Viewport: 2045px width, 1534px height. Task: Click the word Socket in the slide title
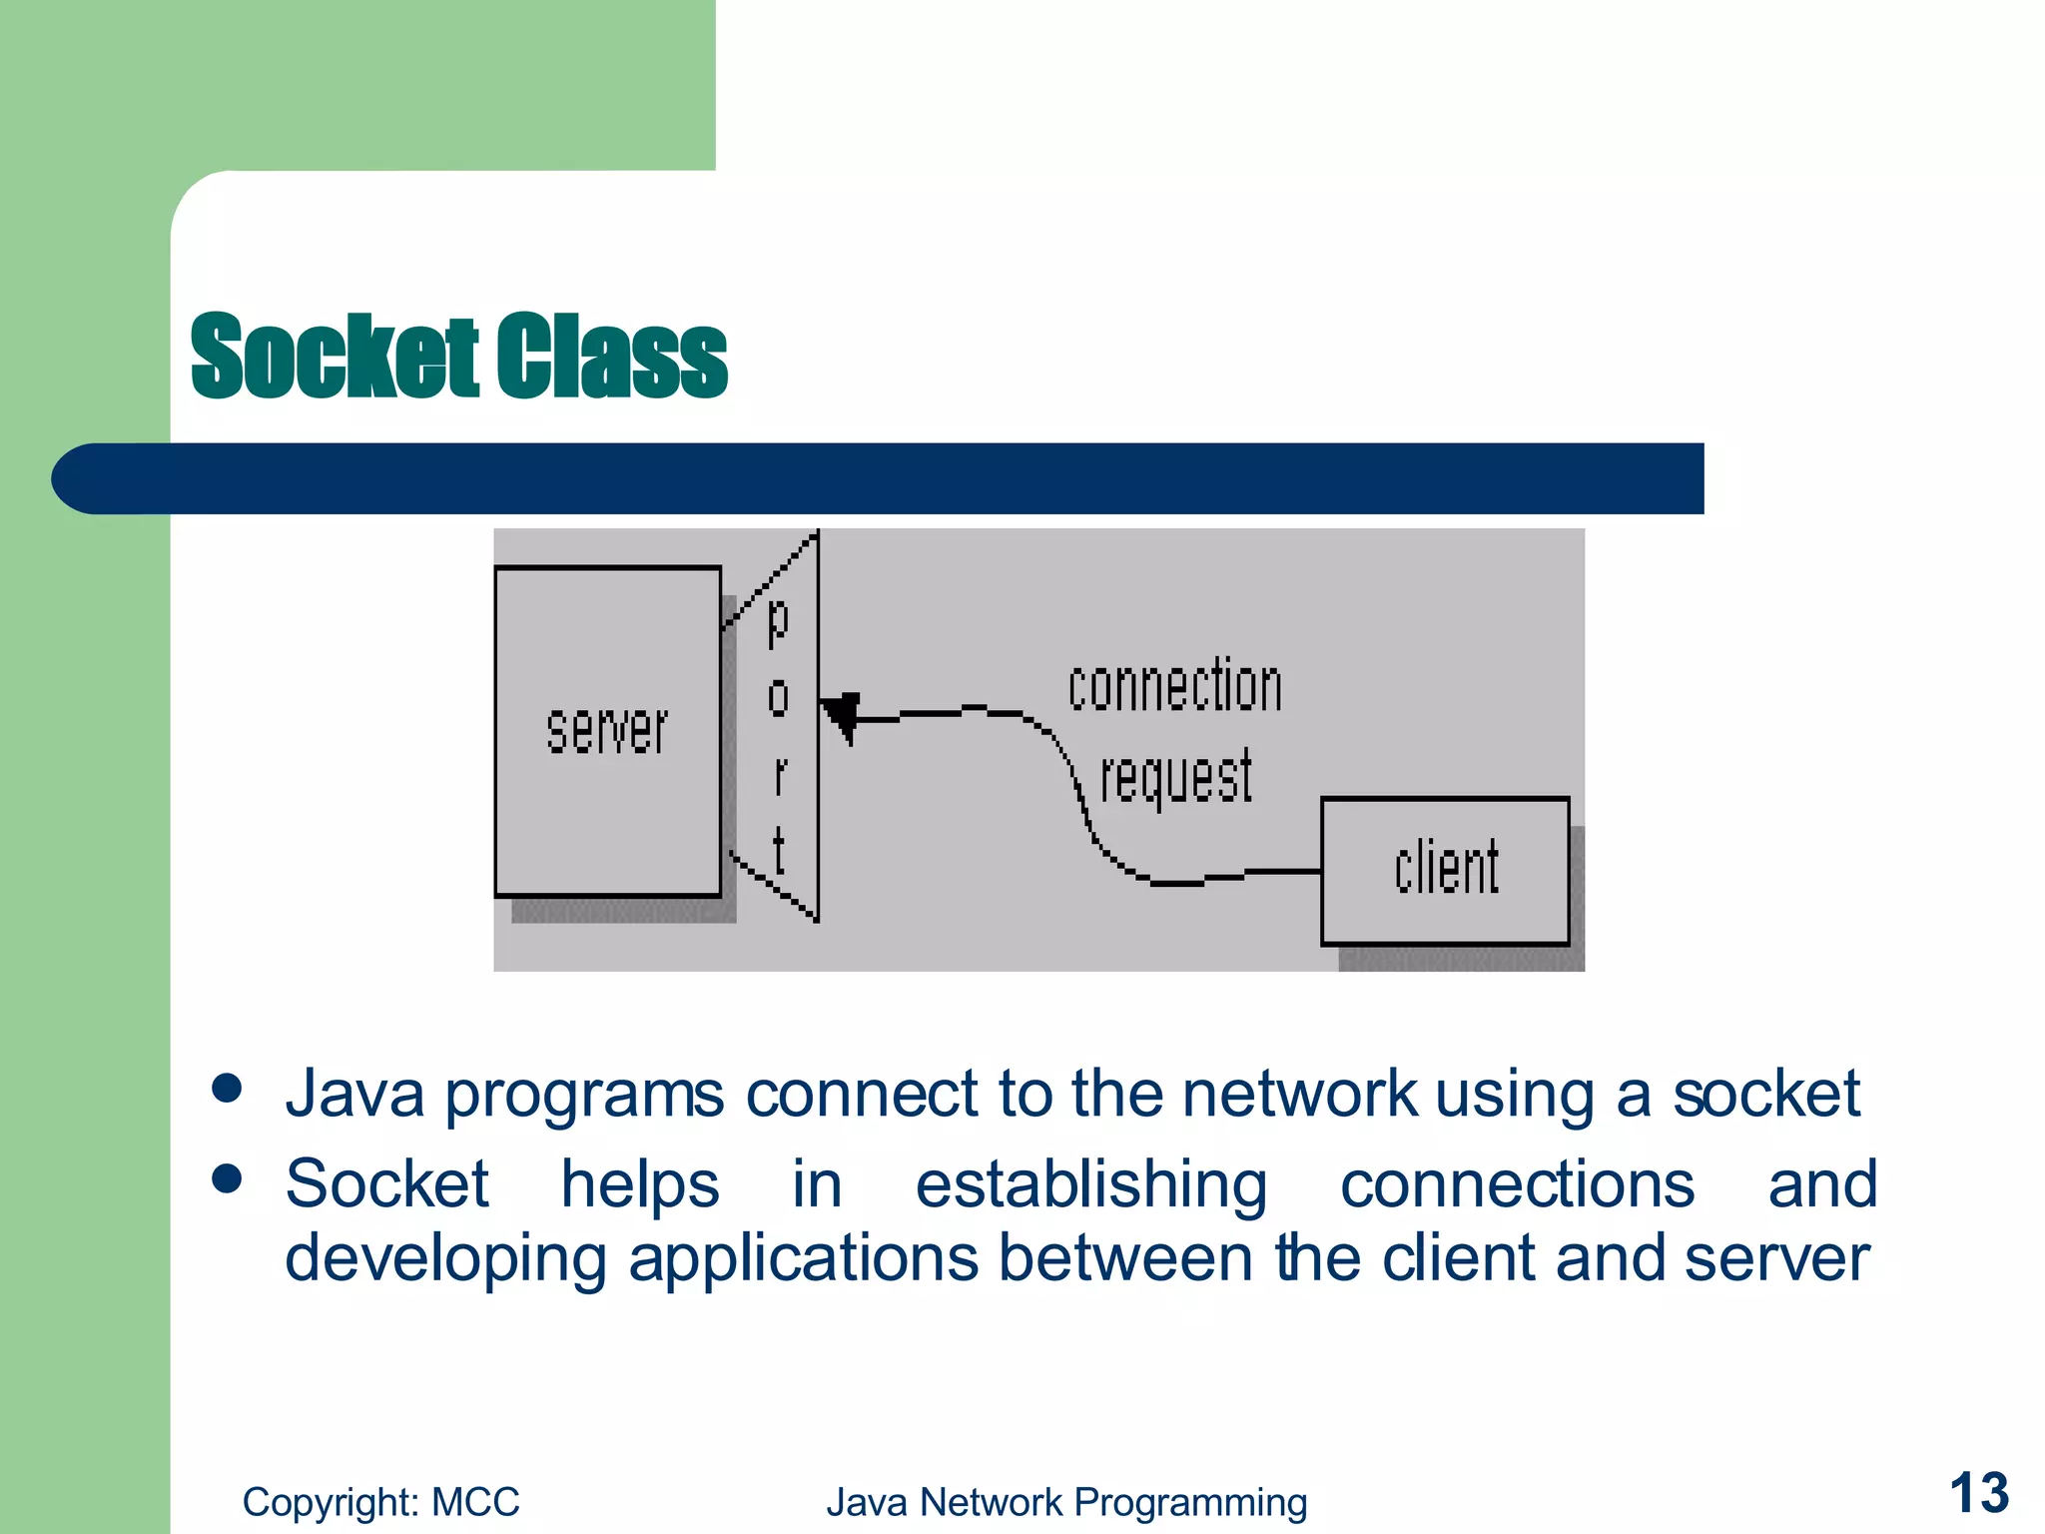(x=335, y=356)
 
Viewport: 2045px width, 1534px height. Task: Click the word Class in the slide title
(x=612, y=356)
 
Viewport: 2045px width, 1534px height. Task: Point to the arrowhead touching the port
(x=841, y=715)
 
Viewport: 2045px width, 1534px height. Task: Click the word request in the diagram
(x=1175, y=777)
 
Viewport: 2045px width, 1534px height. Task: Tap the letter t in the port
(x=779, y=851)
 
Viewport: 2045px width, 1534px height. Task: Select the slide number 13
(x=1978, y=1493)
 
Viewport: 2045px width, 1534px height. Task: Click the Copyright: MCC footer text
(x=380, y=1502)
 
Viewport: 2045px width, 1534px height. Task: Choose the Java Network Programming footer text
(x=1065, y=1502)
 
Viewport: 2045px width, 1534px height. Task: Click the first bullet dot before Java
(x=228, y=1088)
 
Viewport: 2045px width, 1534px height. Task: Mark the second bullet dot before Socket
(x=228, y=1178)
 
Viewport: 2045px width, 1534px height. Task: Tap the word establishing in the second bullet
(x=1091, y=1185)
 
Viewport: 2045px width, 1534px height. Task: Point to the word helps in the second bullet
(x=639, y=1185)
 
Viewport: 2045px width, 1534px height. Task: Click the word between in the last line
(x=1124, y=1258)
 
